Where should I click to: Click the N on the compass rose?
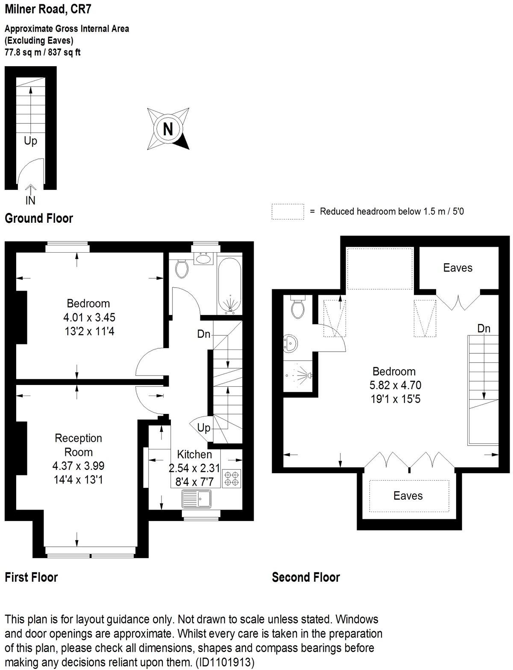point(168,128)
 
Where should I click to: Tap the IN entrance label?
point(31,200)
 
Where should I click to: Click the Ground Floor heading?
point(39,218)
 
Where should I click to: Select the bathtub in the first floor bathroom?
point(229,285)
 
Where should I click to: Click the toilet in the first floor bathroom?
point(182,268)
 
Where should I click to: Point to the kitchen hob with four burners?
point(231,478)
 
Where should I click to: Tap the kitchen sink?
point(197,498)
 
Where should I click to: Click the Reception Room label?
point(78,445)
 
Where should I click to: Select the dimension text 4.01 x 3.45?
point(89,318)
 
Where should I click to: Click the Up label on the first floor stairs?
point(204,428)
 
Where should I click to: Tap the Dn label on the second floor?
point(484,328)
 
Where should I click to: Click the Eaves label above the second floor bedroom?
point(457,268)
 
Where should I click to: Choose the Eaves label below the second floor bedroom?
point(408,495)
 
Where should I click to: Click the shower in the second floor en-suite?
point(300,376)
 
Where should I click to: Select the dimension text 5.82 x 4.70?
point(395,385)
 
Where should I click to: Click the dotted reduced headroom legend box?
point(287,212)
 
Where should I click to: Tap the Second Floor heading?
point(306,577)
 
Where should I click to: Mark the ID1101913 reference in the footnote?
point(225,663)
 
